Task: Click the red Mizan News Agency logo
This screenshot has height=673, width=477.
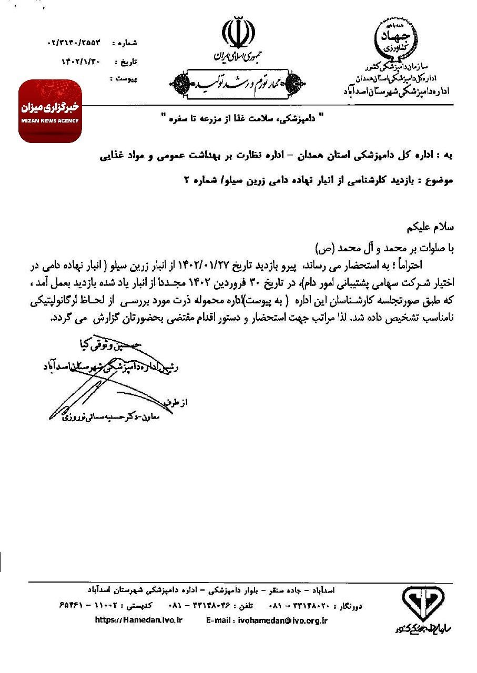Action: click(50, 111)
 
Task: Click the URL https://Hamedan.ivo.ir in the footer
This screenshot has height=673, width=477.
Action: click(139, 620)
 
